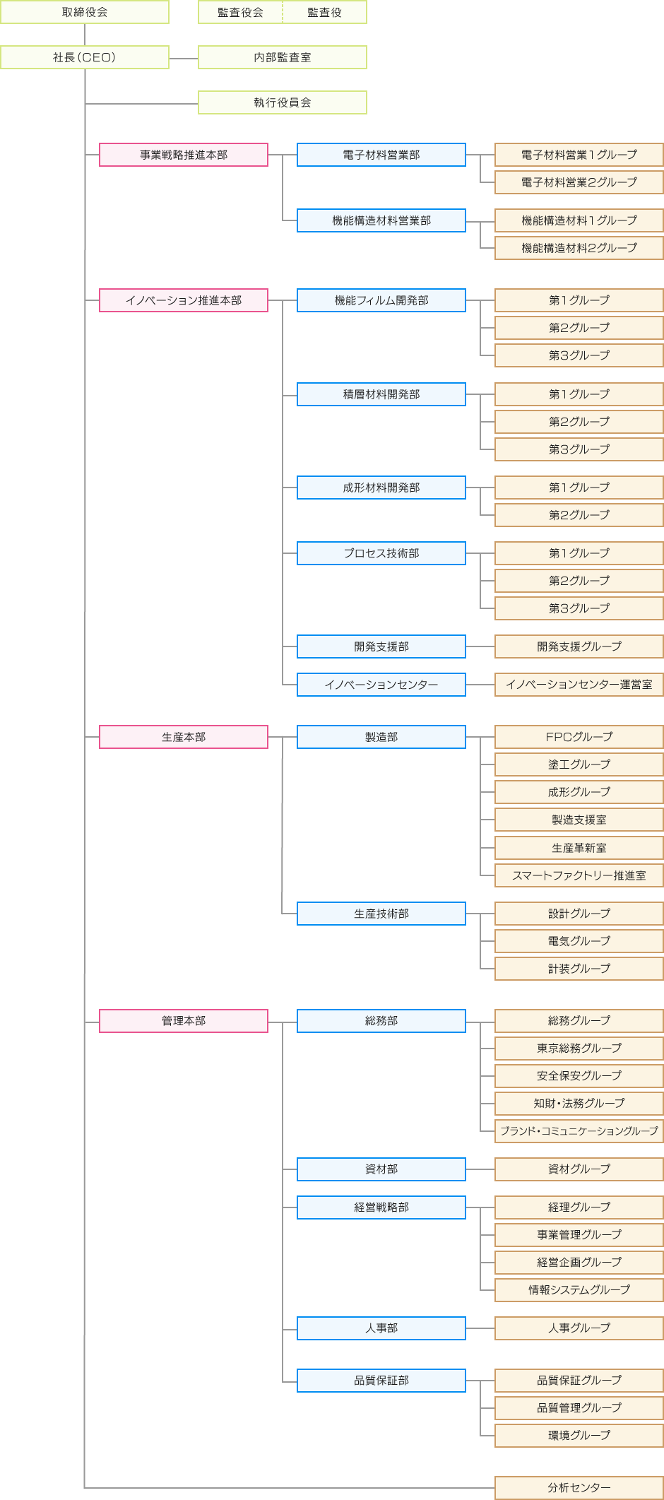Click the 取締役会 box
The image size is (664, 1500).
85,12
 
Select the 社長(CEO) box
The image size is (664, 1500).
85,57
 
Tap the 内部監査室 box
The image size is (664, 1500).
283,57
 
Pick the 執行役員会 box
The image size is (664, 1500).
283,102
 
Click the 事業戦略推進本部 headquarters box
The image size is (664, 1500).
184,155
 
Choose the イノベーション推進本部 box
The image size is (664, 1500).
184,300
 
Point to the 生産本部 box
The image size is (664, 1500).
184,737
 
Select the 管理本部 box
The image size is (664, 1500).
184,1021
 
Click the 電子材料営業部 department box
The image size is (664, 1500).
381,155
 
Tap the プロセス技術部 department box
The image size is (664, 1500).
381,553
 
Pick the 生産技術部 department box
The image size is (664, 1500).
381,914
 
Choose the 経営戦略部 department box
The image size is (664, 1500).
381,1207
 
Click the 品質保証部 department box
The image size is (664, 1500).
381,1381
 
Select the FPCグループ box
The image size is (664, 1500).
579,737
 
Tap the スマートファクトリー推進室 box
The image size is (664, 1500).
579,875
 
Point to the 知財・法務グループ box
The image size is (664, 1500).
579,1104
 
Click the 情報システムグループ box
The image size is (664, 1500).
579,1290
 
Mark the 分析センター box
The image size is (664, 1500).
579,1488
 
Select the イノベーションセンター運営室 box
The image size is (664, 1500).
579,685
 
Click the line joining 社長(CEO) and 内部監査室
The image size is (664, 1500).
184,58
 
